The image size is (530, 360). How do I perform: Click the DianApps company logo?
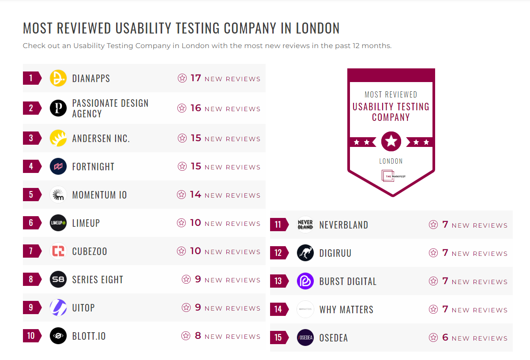[x=58, y=78]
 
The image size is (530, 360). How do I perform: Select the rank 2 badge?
[x=31, y=108]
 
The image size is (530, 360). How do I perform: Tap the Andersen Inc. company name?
[x=101, y=139]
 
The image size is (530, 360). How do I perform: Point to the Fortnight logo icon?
[x=58, y=166]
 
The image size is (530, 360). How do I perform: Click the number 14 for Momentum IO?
[x=195, y=195]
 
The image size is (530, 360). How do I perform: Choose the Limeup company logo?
[x=58, y=223]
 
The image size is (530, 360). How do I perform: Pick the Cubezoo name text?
[x=90, y=251]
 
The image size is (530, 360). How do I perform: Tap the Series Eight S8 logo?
[x=58, y=279]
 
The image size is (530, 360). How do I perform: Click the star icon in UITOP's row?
[x=186, y=307]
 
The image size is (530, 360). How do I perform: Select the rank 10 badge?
[x=31, y=336]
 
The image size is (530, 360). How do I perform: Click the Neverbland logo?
[x=305, y=225]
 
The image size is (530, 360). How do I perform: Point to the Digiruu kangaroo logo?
[x=305, y=253]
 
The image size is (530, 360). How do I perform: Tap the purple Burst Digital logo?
[x=305, y=281]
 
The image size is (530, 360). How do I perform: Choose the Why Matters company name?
[x=346, y=310]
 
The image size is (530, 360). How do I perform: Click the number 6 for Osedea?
[x=445, y=337]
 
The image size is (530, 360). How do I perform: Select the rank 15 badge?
[x=278, y=337]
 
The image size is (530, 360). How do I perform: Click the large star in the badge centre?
[x=391, y=142]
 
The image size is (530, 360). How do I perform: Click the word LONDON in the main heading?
[x=318, y=28]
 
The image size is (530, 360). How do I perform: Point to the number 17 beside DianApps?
[x=196, y=78]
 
